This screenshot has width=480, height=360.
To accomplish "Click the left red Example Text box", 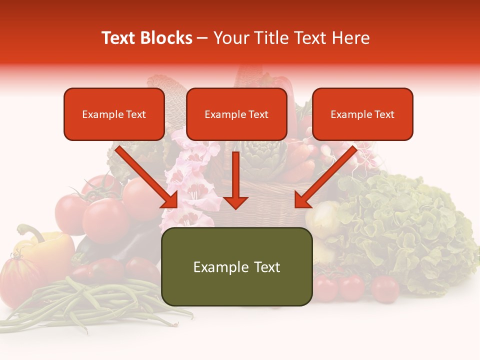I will [x=114, y=114].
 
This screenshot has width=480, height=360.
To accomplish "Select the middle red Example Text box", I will [x=236, y=114].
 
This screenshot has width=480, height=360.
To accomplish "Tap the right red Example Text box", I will [x=362, y=114].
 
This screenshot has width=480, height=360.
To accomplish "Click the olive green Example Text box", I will [x=236, y=267].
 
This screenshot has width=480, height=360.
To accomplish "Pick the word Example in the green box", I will [x=218, y=267].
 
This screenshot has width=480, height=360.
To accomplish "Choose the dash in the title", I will [x=202, y=38].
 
